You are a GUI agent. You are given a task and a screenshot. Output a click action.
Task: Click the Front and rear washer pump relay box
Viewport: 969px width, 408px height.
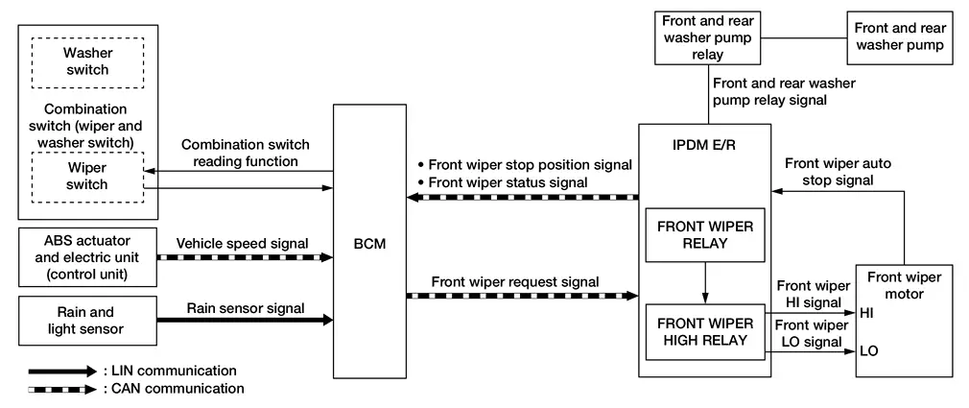coord(711,36)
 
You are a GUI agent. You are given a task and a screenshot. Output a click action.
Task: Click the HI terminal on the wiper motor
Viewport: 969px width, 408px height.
coord(868,313)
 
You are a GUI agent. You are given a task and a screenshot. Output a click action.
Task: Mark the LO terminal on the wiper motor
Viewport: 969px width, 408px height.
coord(869,350)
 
